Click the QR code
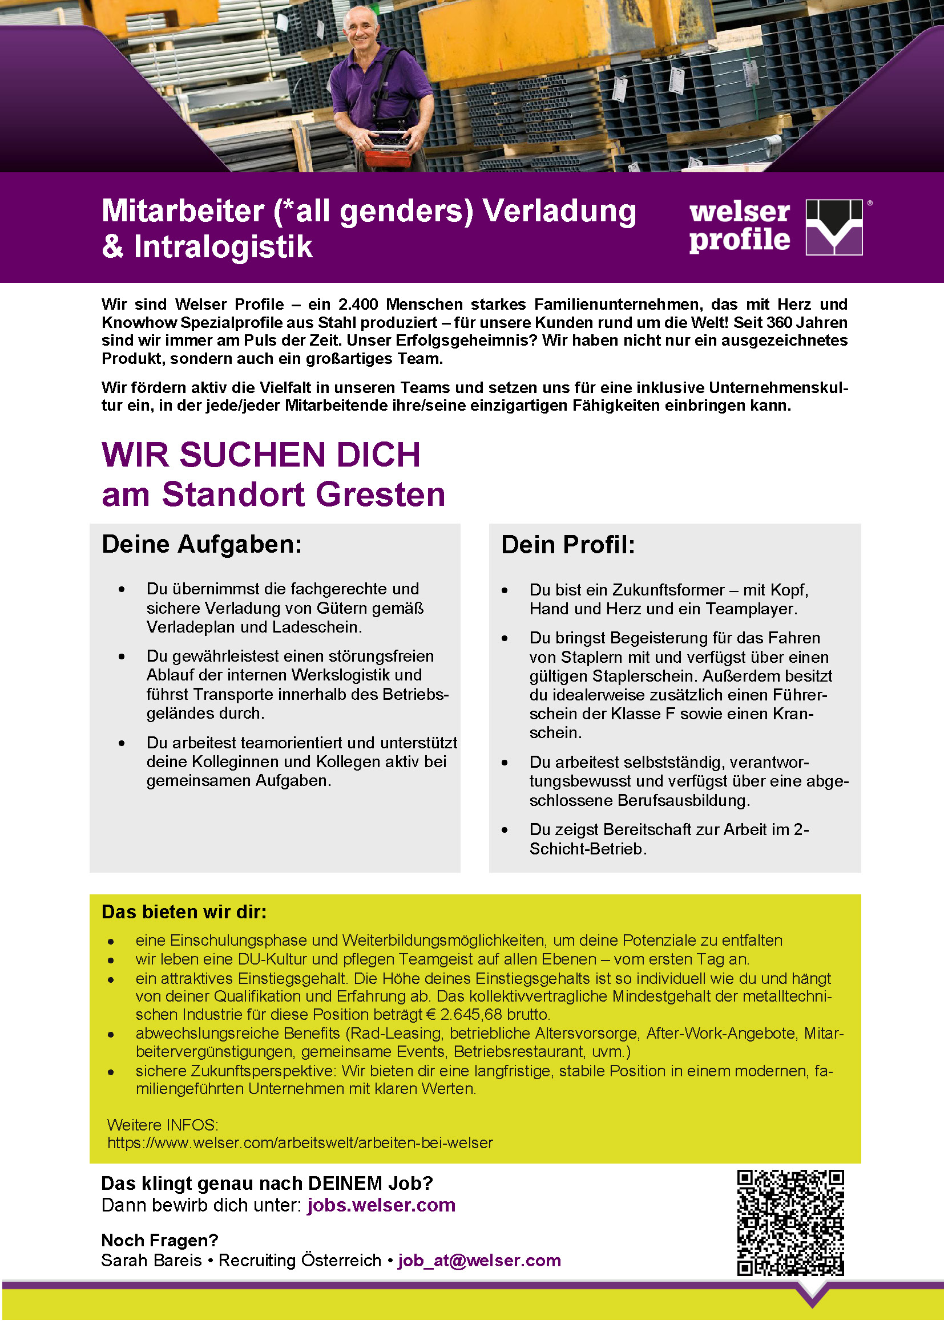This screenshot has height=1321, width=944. click(x=790, y=1222)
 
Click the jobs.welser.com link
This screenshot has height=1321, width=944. click(x=381, y=1205)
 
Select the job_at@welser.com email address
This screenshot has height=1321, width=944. click(x=479, y=1260)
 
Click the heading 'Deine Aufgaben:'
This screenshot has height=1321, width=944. click(x=201, y=545)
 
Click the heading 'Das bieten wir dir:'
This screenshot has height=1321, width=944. click(x=184, y=912)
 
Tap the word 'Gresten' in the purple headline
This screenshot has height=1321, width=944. click(x=381, y=495)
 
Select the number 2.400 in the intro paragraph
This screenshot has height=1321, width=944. click(x=358, y=305)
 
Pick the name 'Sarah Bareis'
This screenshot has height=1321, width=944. click(x=151, y=1260)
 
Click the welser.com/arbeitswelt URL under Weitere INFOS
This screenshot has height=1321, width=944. click(x=300, y=1142)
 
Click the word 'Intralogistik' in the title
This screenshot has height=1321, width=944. click(x=223, y=247)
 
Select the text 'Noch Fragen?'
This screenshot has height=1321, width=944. click(x=159, y=1240)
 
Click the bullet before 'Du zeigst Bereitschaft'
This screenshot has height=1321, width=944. click(x=505, y=830)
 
